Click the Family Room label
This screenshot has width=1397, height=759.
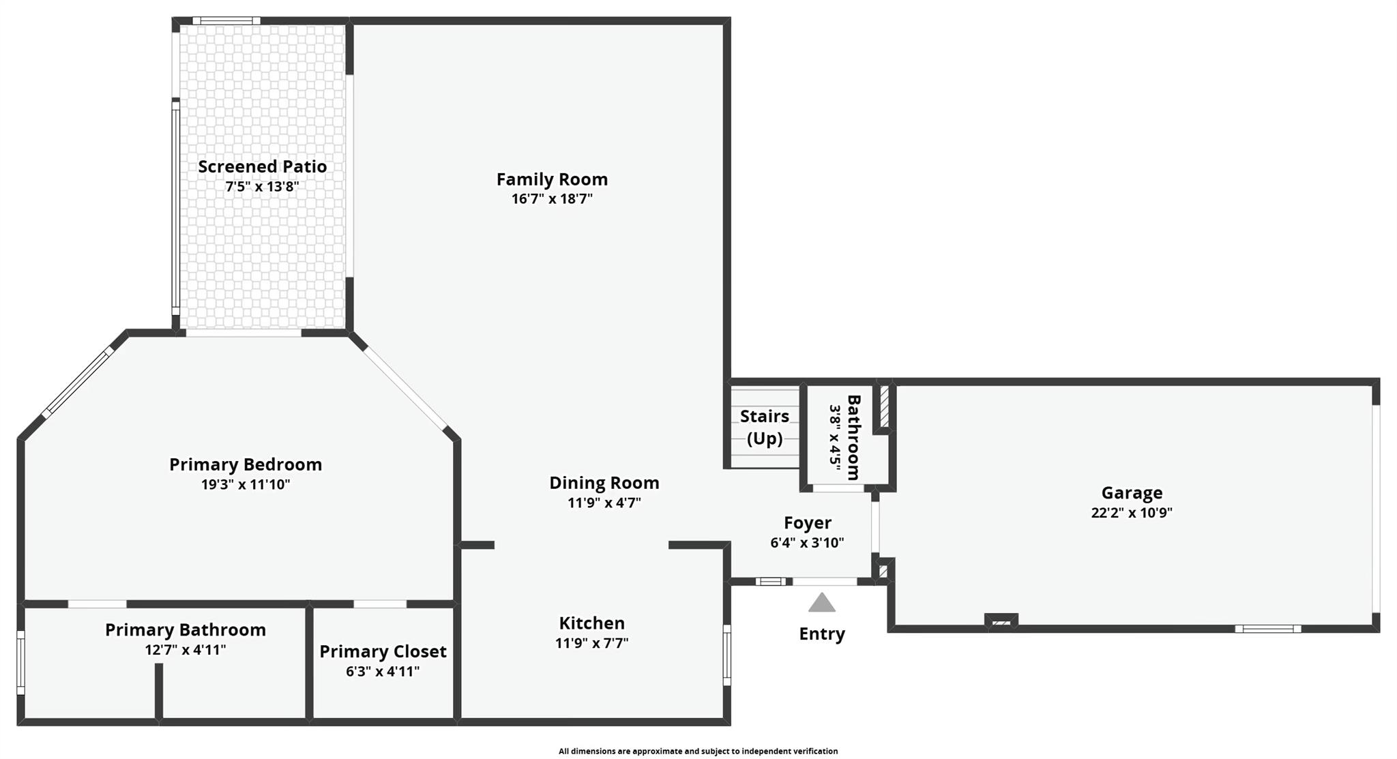tap(552, 179)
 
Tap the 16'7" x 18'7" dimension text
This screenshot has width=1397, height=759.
tap(552, 199)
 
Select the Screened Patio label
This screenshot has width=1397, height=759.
tap(262, 166)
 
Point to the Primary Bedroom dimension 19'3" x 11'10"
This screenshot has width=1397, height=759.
tap(245, 485)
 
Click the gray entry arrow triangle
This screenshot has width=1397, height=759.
tap(822, 603)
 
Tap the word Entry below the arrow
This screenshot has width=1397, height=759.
tap(822, 634)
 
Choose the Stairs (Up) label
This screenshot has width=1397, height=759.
tap(764, 427)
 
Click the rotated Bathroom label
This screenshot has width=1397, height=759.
tap(853, 437)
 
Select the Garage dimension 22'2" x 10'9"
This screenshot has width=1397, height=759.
tap(1131, 513)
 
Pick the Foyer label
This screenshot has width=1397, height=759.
tap(807, 523)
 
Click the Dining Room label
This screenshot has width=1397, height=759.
tap(604, 483)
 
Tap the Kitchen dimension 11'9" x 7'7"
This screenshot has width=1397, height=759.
tap(591, 643)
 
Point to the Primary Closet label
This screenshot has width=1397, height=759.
tap(383, 651)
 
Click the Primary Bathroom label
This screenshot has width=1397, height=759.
tap(185, 629)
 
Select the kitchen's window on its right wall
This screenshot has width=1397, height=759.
tap(727, 655)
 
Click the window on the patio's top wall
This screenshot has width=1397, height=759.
tap(226, 21)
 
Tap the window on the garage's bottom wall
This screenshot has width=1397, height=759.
tap(1267, 629)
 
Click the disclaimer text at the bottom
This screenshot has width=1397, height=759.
tap(698, 751)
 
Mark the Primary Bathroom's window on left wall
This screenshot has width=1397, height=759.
tap(21, 662)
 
